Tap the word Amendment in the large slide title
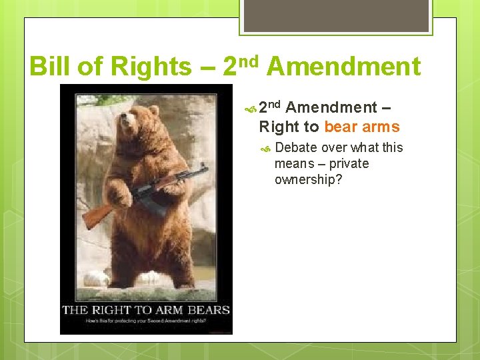pos(344,67)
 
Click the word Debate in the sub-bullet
pos(296,147)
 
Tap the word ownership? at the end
pos(308,179)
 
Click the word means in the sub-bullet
pos(294,163)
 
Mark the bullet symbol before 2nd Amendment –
pos(251,107)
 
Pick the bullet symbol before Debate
pos(267,148)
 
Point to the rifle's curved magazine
pos(154,203)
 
